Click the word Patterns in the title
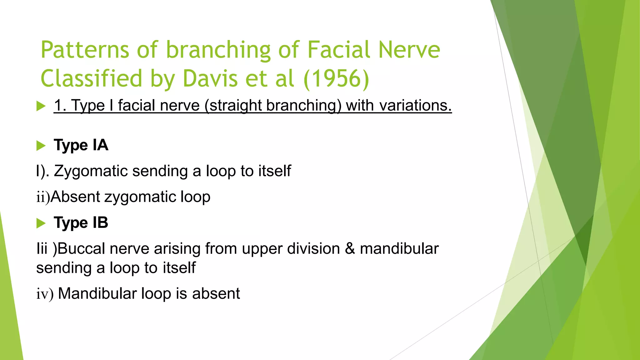(x=85, y=50)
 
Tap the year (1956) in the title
(x=336, y=78)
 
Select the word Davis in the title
(x=210, y=78)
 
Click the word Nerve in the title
(x=409, y=50)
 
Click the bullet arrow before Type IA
(x=41, y=146)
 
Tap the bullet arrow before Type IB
(x=41, y=223)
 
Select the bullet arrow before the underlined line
(x=41, y=106)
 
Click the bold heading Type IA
(x=81, y=145)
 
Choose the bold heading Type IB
(x=81, y=223)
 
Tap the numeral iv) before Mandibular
(x=45, y=294)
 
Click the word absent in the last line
(x=216, y=294)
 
